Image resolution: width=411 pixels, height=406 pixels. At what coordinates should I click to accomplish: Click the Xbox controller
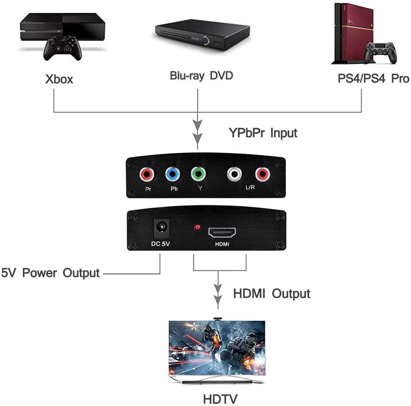point(63,48)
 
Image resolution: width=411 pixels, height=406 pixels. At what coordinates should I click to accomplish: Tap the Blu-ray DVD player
point(202,34)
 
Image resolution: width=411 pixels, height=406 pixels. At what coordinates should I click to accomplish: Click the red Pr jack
point(147,175)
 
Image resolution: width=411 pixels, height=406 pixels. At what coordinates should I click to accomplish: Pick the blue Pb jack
point(173,174)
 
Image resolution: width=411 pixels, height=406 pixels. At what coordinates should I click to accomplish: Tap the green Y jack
point(198,174)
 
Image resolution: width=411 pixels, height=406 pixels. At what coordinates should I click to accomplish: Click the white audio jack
point(234,174)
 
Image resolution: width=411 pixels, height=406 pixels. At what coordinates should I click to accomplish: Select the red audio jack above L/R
point(262,174)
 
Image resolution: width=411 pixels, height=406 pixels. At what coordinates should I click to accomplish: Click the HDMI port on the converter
point(222,232)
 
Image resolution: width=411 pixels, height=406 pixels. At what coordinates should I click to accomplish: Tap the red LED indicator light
point(197,227)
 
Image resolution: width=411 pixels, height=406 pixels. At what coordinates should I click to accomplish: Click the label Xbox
point(59,79)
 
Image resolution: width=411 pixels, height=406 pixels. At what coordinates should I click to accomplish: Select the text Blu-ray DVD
point(201,76)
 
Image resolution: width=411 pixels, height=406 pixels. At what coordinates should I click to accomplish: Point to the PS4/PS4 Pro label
point(373,78)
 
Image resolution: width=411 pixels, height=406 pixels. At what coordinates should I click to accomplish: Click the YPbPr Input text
point(263,133)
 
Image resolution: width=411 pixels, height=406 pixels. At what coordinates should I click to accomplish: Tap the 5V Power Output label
point(51,273)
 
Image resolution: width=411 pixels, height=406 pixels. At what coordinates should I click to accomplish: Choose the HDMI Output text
point(271,293)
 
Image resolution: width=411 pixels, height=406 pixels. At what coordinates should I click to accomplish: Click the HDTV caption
point(220,399)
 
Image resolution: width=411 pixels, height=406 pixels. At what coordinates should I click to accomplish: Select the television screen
point(217,348)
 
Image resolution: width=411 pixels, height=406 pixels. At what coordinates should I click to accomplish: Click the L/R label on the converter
point(250,187)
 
